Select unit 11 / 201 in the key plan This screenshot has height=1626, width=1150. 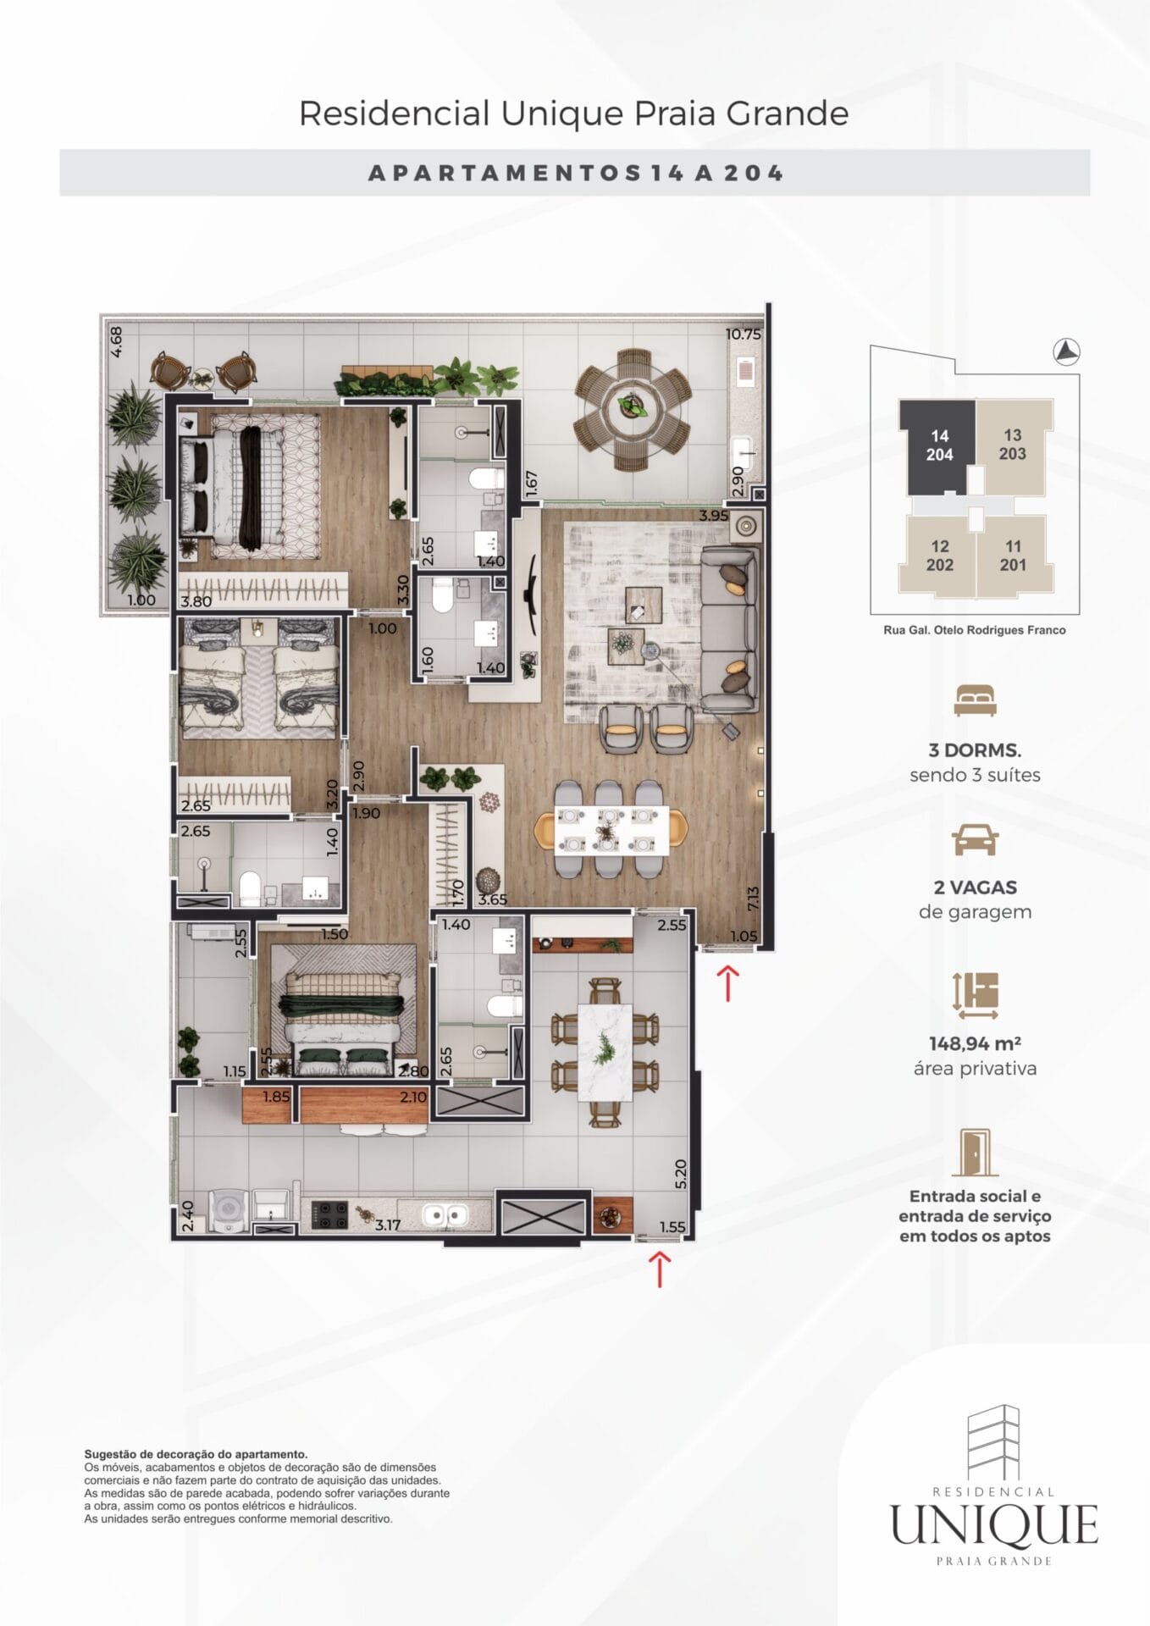coord(1014,555)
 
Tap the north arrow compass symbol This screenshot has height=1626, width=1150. coord(1067,351)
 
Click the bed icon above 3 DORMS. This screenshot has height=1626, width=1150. coord(975,700)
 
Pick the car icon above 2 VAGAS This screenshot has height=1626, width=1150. coord(975,839)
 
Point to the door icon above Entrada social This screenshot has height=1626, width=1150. coord(975,1152)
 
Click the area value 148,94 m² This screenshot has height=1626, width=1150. coord(975,1043)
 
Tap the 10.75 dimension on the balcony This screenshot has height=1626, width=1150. coord(743,335)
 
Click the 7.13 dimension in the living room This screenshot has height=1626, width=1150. coord(753,899)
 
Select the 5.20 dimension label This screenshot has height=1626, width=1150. coord(681,1173)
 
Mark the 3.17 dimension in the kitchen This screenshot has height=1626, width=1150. coord(387,1225)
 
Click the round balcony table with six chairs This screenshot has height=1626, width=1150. coord(633,409)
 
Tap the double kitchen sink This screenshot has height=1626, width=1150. coord(445,1215)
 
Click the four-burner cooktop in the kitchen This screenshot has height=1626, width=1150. coord(329,1214)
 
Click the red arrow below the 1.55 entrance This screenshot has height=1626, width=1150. coord(659,1269)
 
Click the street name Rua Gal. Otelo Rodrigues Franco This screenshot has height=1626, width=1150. coord(974,630)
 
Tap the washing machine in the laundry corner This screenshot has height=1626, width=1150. coord(227,1211)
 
